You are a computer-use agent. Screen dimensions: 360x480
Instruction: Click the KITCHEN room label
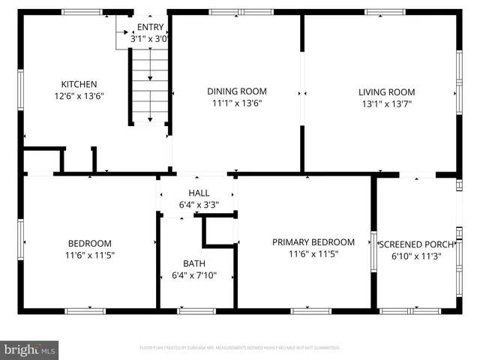point(79,84)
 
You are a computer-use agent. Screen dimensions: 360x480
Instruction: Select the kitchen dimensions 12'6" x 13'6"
point(79,96)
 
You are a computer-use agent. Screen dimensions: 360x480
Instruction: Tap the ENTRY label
point(149,27)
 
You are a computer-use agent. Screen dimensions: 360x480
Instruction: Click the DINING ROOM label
point(236,91)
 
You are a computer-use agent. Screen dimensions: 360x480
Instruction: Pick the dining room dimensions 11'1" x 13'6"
point(236,103)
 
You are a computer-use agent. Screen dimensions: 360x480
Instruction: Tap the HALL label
point(199,193)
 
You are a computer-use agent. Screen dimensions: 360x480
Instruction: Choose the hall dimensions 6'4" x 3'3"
point(199,204)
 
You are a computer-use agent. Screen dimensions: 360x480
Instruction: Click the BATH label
point(194,263)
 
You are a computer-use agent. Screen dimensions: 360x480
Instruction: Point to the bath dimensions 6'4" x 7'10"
point(194,275)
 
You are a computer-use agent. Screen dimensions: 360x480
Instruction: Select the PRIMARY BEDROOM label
point(313,242)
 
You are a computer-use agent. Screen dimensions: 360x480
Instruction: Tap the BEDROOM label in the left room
point(90,243)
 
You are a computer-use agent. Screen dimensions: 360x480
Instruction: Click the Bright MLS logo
point(30,349)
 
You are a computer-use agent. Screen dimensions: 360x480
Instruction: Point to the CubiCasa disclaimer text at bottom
point(240,348)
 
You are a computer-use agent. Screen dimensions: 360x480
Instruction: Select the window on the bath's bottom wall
point(196,310)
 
